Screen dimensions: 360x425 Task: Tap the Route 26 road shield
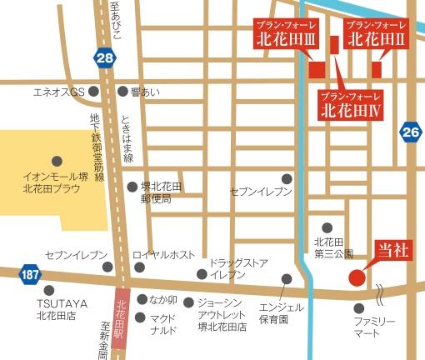tap(410, 131)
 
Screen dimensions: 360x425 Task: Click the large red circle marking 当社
tap(357, 277)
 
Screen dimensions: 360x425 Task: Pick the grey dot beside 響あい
tap(123, 91)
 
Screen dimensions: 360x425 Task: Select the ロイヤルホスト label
tap(172, 254)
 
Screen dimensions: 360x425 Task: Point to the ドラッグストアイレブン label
tap(239, 267)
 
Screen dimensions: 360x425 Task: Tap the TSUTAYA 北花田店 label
tap(54, 309)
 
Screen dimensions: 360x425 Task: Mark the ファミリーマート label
tap(377, 327)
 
